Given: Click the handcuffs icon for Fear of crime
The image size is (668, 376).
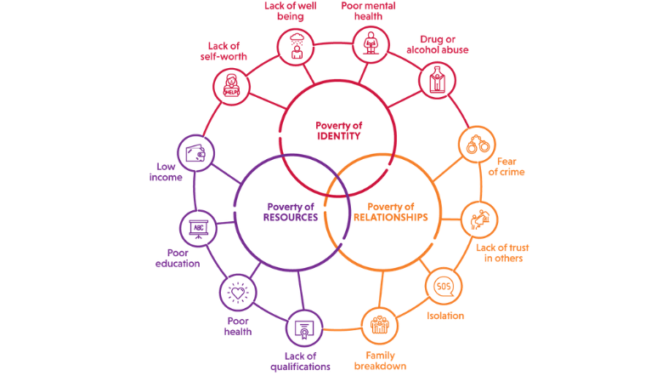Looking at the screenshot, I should coord(474,144).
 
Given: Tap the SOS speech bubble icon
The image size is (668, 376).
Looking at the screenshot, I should coord(442,286).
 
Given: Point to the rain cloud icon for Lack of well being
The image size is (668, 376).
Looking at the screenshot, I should coord(297,46).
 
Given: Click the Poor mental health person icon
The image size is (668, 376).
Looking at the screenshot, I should coord(370,43).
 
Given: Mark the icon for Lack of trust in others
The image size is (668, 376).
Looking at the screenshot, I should coord(479,220).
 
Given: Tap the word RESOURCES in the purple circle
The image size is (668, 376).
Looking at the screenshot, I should coord(291,217).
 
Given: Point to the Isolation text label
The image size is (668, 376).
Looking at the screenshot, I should coord(445,316).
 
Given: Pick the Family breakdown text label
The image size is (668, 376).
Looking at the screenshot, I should coord(381,361).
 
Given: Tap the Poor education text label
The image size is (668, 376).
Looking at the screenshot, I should coord(178,257).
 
